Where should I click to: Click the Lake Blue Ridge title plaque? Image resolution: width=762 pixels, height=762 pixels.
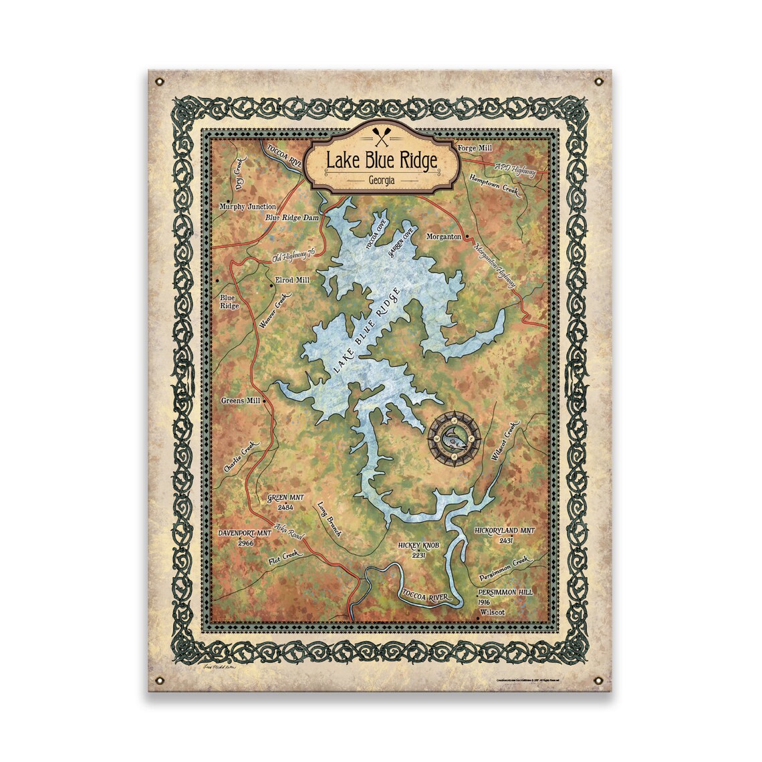tap(381, 161)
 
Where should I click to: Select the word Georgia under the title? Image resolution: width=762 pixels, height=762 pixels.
tap(381, 181)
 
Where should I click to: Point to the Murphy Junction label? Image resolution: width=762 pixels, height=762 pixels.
tap(247, 207)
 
